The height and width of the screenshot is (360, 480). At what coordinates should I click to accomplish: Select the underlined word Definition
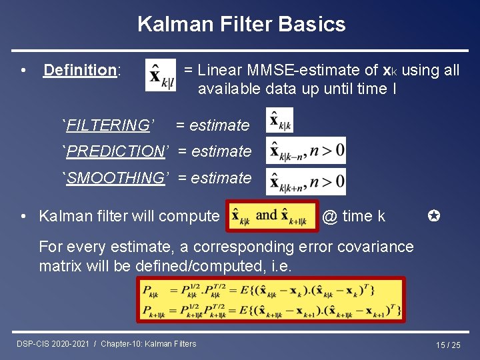pyautogui.click(x=80, y=70)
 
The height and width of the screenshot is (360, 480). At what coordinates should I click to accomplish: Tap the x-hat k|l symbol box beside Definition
pyautogui.click(x=161, y=75)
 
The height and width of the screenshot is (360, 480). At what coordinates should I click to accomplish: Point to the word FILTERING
pyautogui.click(x=108, y=125)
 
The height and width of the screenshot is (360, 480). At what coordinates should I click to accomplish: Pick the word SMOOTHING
pyautogui.click(x=116, y=178)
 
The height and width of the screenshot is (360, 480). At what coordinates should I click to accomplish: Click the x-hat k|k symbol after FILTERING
pyautogui.click(x=279, y=121)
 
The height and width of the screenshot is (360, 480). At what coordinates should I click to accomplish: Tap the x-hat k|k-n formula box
pyautogui.click(x=305, y=151)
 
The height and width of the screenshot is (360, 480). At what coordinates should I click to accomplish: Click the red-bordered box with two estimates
pyautogui.click(x=272, y=215)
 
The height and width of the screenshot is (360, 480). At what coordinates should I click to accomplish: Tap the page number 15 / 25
pyautogui.click(x=448, y=345)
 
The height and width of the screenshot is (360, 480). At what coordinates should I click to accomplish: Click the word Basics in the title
pyautogui.click(x=312, y=25)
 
